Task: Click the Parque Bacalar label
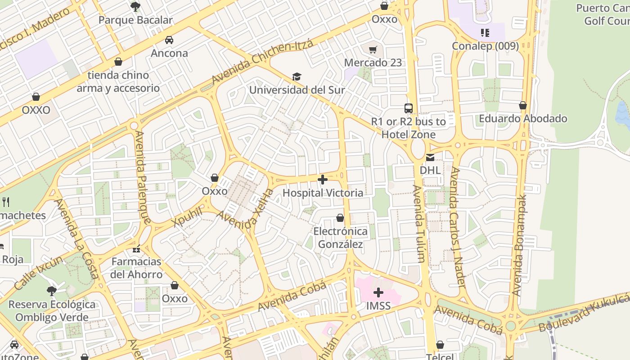[135, 20]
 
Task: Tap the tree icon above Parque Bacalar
[135, 6]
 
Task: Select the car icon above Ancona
[169, 40]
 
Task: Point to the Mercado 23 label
[373, 63]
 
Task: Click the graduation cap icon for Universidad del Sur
[297, 76]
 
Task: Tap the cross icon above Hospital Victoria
[323, 180]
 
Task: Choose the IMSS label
[378, 306]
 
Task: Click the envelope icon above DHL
[430, 157]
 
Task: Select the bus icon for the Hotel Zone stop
[409, 108]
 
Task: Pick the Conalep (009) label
[485, 46]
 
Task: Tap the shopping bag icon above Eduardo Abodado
[522, 105]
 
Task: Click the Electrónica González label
[340, 238]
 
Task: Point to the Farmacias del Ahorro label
[136, 268]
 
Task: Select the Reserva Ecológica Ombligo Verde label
[52, 310]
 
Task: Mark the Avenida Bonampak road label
[520, 245]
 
